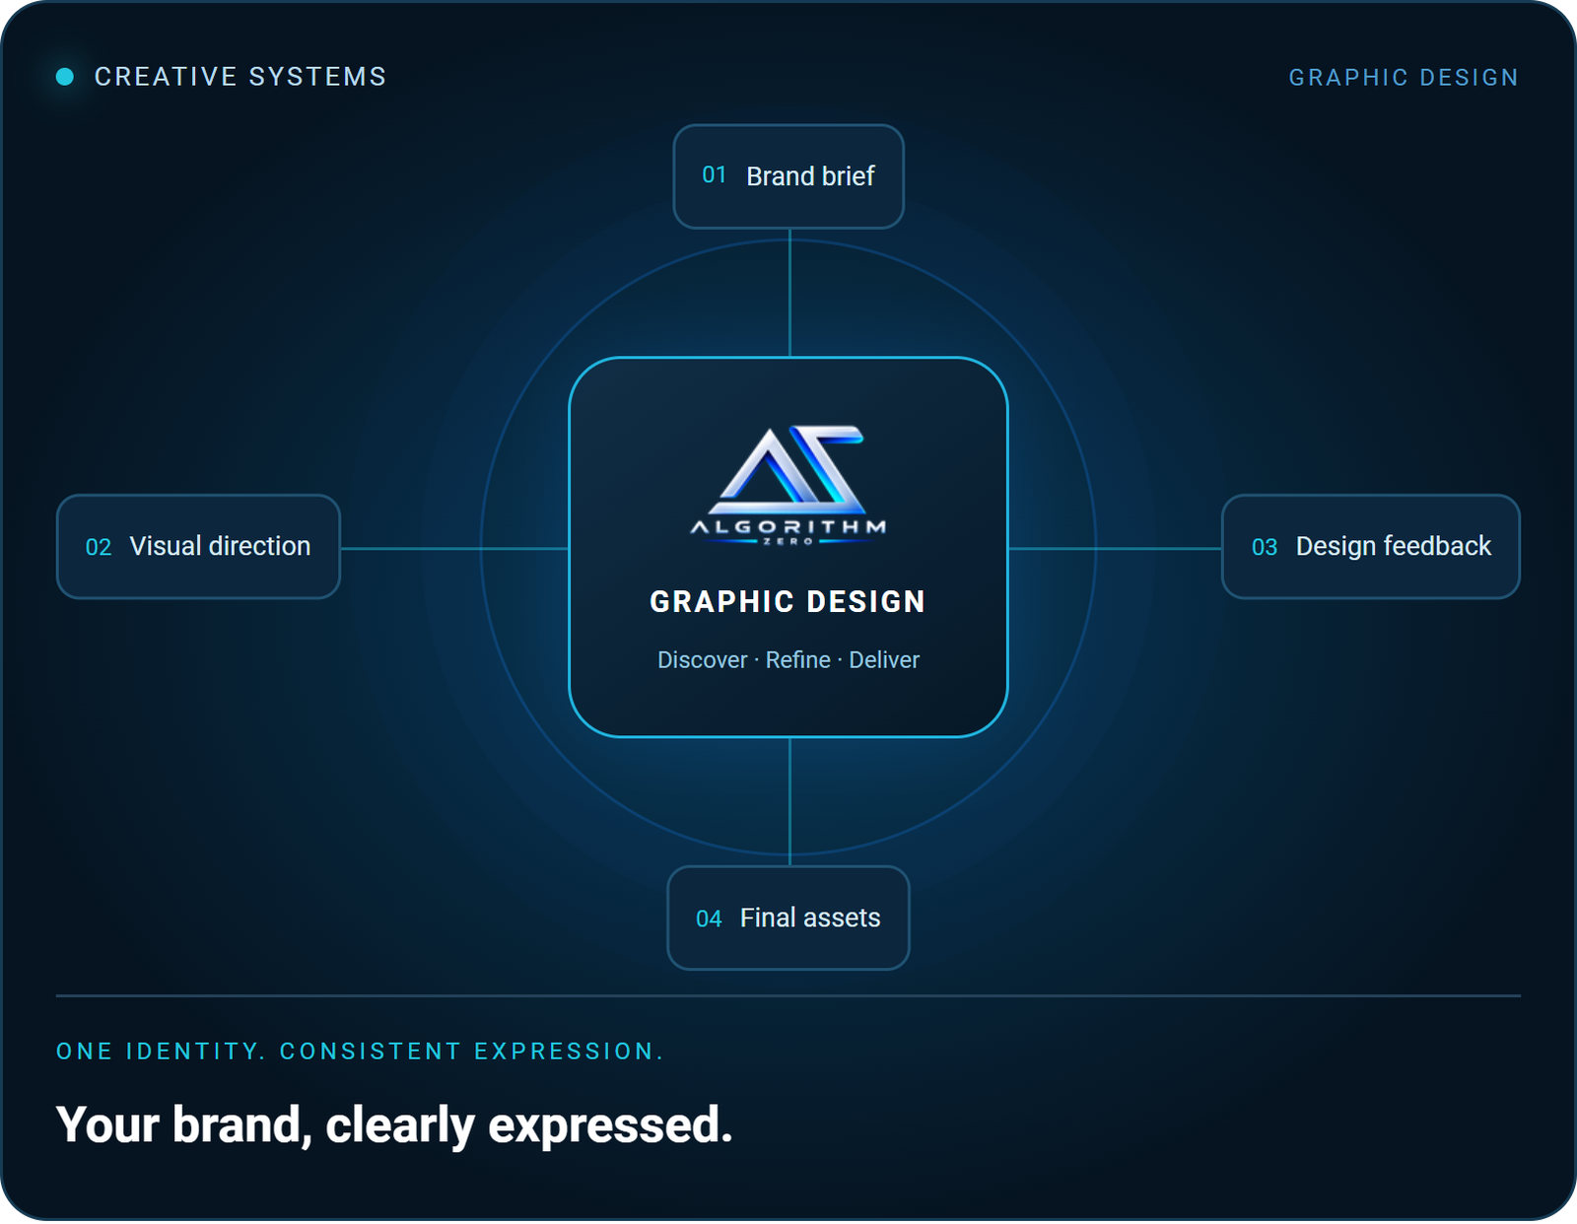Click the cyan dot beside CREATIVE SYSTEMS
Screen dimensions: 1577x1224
[65, 76]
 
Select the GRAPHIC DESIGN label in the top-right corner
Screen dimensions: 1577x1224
[1404, 78]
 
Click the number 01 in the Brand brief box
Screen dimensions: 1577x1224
[715, 174]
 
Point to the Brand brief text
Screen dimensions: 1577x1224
[810, 175]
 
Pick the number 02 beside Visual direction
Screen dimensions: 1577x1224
[99, 547]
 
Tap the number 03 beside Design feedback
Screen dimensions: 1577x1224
[1265, 547]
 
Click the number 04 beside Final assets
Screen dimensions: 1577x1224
[709, 918]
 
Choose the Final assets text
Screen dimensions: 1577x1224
[810, 918]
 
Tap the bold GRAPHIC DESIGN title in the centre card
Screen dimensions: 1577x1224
[788, 601]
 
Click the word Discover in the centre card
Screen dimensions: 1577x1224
[703, 660]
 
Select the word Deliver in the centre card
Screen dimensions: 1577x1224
[884, 660]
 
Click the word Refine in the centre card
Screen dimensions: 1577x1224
[798, 660]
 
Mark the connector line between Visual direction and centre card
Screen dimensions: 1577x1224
[455, 549]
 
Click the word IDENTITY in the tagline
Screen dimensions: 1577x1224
[192, 1052]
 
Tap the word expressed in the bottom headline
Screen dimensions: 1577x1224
[610, 1126]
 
